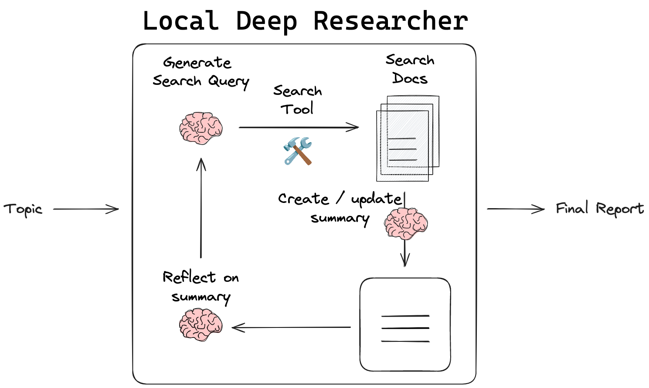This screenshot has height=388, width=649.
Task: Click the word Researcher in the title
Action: [x=391, y=21]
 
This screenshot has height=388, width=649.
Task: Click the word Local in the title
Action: [x=180, y=21]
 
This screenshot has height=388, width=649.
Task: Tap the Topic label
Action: [x=23, y=209]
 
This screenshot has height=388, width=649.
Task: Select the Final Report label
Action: [x=599, y=209]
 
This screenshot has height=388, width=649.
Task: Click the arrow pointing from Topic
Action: [x=86, y=209]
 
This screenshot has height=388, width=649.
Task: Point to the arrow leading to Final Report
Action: [x=516, y=209]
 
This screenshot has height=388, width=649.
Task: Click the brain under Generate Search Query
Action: [x=201, y=128]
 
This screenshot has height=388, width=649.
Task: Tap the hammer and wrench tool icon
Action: [x=298, y=151]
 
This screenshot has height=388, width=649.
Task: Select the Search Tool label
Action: [x=297, y=100]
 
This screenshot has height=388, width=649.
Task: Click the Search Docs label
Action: [x=410, y=69]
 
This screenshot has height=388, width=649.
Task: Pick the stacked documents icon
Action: [x=408, y=138]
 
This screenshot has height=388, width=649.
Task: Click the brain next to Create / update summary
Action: [x=406, y=223]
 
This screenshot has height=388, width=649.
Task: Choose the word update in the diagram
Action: [x=376, y=199]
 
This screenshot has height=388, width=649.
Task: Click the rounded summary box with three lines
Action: [x=405, y=324]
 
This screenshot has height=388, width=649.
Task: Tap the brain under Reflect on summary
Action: [x=201, y=324]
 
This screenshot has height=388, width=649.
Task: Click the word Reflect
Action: [x=189, y=277]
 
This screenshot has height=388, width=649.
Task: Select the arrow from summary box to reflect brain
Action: [x=291, y=327]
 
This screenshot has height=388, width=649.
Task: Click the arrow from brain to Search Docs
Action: [x=299, y=128]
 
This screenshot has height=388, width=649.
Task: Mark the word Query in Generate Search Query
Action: [x=228, y=81]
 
